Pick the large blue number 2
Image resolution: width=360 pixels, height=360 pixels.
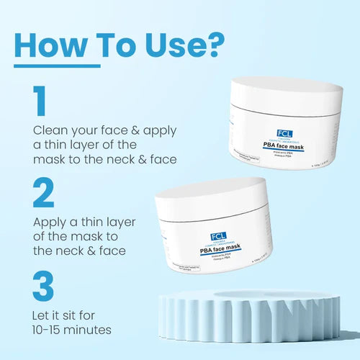tap(44, 194)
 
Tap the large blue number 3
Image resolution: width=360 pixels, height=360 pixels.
tap(43, 286)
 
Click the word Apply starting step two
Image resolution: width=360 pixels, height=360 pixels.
tap(50, 221)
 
